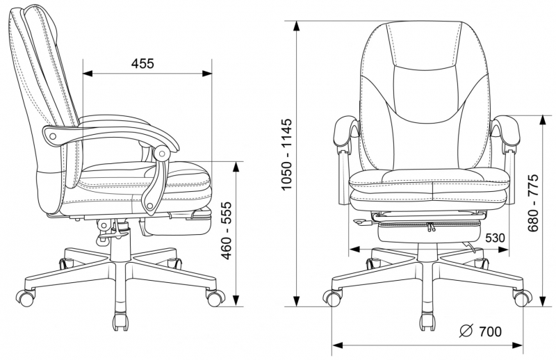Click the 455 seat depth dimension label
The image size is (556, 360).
142,63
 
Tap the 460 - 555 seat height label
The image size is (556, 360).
227,231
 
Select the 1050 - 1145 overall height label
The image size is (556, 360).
286,154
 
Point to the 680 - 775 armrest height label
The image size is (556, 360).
532,202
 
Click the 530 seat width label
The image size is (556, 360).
495,238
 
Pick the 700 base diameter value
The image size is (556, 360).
491,332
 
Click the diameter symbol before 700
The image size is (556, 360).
466,331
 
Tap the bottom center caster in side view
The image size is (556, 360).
120,322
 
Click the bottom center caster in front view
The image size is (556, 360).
427,322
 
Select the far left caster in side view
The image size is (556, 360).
26,298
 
